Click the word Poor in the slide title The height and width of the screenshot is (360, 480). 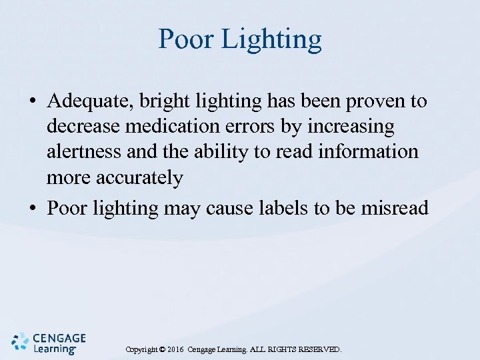coord(186,39)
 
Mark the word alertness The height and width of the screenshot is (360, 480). coord(84,152)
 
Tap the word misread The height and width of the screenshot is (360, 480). coord(395,209)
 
